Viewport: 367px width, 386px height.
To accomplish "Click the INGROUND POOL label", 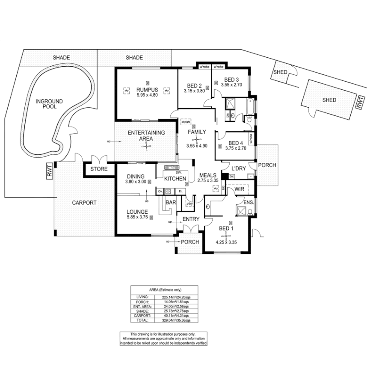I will click(x=49, y=104).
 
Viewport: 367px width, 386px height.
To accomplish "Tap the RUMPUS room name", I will click(x=147, y=90).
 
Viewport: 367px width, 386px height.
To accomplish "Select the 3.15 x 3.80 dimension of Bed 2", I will click(x=195, y=91).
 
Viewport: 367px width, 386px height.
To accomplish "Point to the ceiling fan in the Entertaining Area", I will click(x=146, y=147).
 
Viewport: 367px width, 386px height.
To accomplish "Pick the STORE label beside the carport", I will click(x=99, y=169).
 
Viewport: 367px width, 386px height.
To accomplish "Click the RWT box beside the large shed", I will click(x=360, y=103).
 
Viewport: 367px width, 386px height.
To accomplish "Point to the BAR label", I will click(x=171, y=202).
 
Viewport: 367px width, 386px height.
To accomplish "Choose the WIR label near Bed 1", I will click(x=239, y=189).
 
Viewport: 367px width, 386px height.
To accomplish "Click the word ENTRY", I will click(x=191, y=219).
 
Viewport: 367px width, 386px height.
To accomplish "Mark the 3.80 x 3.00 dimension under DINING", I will click(x=136, y=182).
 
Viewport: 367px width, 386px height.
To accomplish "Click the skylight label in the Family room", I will click(x=185, y=122).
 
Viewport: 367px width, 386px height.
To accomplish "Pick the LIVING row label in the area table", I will click(x=142, y=297).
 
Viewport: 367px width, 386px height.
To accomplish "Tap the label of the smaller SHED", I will click(x=280, y=72).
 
